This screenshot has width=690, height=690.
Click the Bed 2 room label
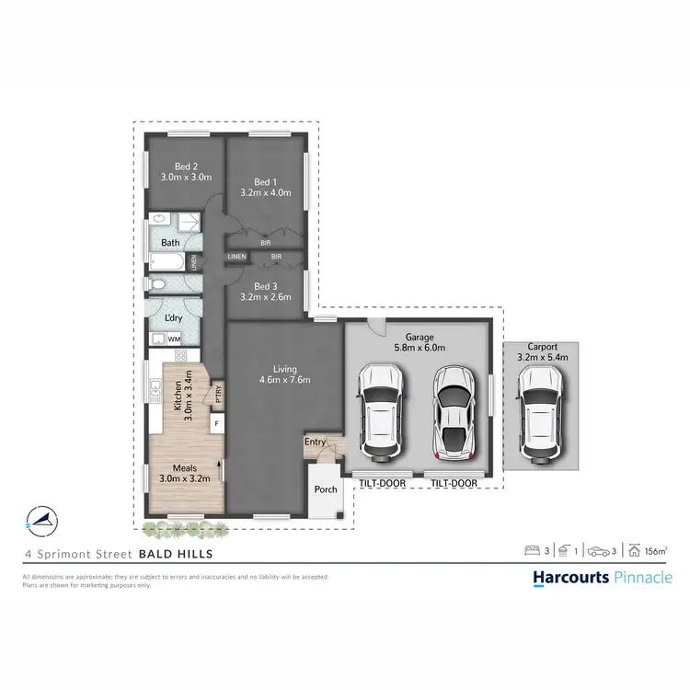point(187,167)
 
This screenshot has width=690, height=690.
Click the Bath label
point(170,243)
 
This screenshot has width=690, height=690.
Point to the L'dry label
point(172,317)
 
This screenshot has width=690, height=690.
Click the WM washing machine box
point(174,339)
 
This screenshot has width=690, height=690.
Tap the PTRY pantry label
point(218,393)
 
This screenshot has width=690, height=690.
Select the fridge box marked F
point(215,424)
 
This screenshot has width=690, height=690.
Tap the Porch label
point(326,489)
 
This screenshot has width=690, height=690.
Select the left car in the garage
point(380,411)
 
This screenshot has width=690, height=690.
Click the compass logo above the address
point(40,520)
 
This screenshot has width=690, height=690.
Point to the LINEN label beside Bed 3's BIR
point(237,257)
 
